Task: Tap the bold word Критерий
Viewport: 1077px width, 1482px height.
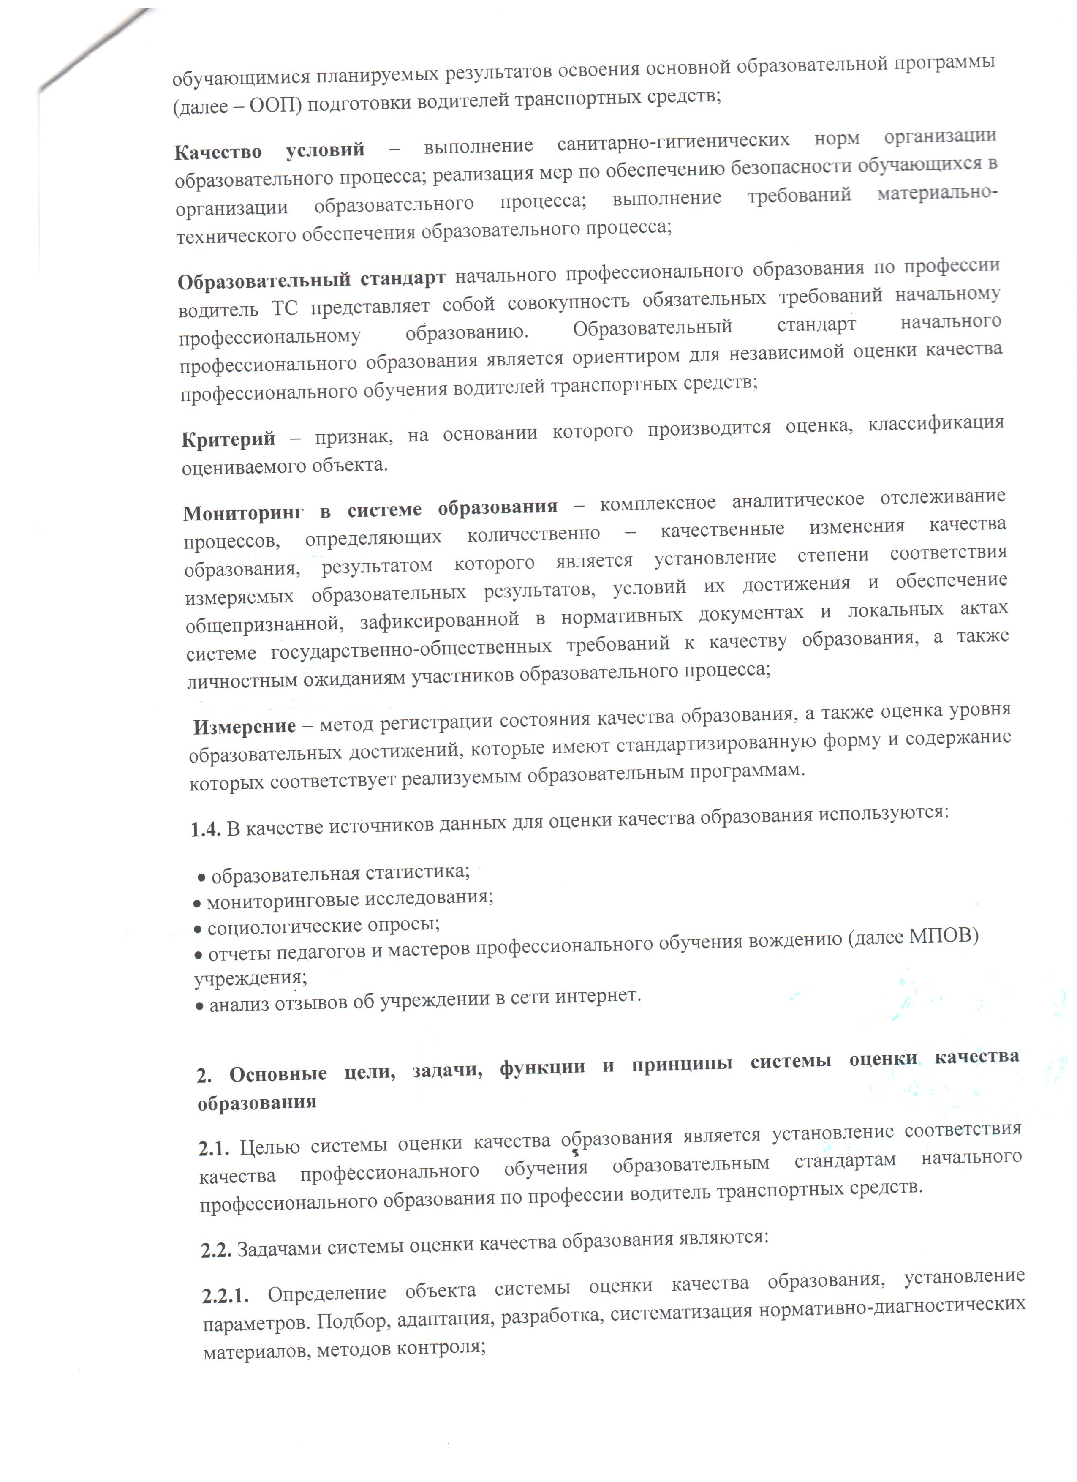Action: click(x=228, y=439)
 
